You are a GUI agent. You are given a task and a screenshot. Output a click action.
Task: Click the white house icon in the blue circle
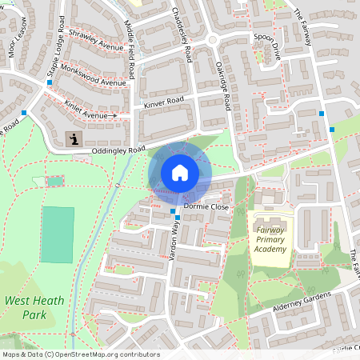tap(180, 172)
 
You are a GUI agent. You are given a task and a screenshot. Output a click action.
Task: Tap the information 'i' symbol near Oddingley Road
tap(74, 139)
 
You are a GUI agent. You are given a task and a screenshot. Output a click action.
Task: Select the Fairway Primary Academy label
tap(270, 238)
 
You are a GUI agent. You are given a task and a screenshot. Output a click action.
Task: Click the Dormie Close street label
tap(206, 206)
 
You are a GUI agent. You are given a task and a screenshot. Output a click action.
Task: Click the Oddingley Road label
tap(117, 149)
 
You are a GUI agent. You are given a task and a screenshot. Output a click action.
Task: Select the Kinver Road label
tap(163, 102)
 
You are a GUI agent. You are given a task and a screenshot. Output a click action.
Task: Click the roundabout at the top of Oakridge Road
tap(212, 41)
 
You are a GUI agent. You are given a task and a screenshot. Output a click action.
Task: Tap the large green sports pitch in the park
tap(57, 234)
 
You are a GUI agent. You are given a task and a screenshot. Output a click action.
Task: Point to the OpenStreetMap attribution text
tap(81, 354)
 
